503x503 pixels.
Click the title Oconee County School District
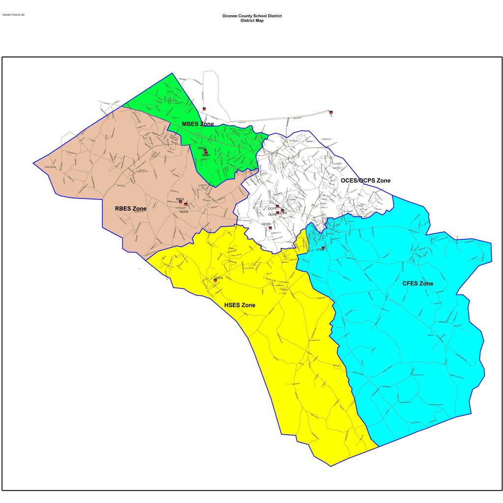click(251, 16)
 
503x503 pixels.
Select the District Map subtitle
click(251, 20)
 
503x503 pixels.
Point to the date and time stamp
click(13, 15)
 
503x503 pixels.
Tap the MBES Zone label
click(197, 124)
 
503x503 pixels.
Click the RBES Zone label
click(131, 209)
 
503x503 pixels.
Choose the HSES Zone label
click(240, 305)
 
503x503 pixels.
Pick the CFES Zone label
click(418, 283)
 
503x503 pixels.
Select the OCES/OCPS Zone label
click(365, 181)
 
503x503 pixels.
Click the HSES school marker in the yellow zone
click(215, 280)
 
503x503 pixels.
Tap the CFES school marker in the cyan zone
click(323, 248)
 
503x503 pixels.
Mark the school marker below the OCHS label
click(270, 227)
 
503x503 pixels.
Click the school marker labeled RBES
click(180, 202)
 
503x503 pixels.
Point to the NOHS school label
click(184, 211)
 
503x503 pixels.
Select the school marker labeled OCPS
click(277, 206)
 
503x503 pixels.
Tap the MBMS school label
click(206, 155)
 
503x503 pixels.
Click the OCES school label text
click(272, 214)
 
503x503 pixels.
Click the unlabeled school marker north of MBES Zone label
click(204, 109)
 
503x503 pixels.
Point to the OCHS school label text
click(266, 224)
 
